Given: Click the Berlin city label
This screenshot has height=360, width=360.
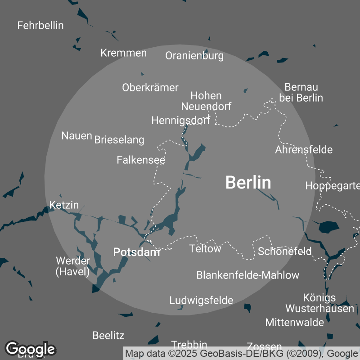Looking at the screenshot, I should coord(248,183).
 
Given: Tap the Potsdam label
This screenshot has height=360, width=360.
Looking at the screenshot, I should coord(136,252).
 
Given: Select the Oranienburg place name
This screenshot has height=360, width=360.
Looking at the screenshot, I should coord(194,56).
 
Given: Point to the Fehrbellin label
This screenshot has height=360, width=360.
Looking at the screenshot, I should coord(40,25).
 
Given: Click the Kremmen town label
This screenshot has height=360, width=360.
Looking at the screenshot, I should coord(124,53).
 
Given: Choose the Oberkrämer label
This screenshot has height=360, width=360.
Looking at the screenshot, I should coord(150,87).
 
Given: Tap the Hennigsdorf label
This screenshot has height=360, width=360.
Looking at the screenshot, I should coord(180,121).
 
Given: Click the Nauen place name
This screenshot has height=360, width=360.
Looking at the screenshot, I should coord(77,135).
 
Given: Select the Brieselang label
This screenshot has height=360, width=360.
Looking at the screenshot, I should coord(119,140).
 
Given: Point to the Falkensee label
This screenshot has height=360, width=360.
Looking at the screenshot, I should coord(141,160).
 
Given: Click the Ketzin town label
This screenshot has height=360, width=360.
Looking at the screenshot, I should coord(64,205).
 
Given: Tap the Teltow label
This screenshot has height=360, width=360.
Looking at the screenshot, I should coord(205,248).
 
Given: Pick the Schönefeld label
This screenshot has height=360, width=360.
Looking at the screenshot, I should coord(284,252).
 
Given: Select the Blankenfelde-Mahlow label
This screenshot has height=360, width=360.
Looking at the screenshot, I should coord(248,275).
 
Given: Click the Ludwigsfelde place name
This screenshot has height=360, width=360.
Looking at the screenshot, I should coord(201,300).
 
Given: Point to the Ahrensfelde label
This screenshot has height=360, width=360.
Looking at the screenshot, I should coord(304,149).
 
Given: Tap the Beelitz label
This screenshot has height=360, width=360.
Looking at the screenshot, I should coord(108,335).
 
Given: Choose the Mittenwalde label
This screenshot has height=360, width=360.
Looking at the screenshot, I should coord(295,322).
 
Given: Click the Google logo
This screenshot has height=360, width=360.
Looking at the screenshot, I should coord(31,349).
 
